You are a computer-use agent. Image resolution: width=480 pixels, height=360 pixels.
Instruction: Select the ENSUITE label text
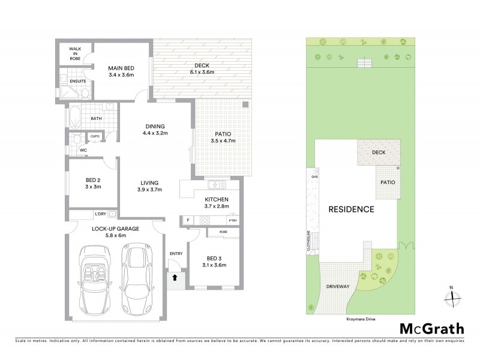(x=77, y=81)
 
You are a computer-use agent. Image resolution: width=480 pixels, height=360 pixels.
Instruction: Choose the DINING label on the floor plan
(x=155, y=126)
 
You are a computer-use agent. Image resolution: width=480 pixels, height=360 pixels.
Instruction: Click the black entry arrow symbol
(x=175, y=277)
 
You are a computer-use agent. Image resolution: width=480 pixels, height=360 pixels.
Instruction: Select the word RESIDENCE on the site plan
(x=351, y=209)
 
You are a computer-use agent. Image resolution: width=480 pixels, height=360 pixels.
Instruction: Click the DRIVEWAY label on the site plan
(x=338, y=287)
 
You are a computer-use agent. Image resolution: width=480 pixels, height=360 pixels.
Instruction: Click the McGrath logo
(x=431, y=328)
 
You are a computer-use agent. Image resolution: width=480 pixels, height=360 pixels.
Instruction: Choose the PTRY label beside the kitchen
(x=233, y=221)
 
